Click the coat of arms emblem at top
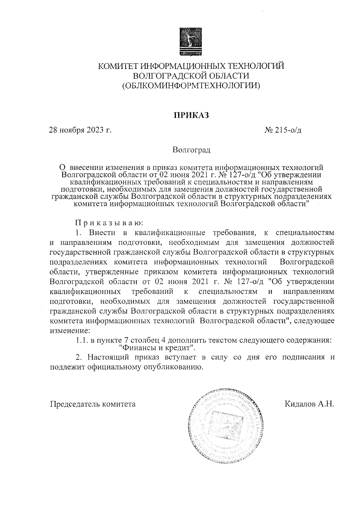pyautogui.click(x=191, y=42)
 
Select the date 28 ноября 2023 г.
pyautogui.click(x=80, y=130)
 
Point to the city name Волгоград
pyautogui.click(x=191, y=150)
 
